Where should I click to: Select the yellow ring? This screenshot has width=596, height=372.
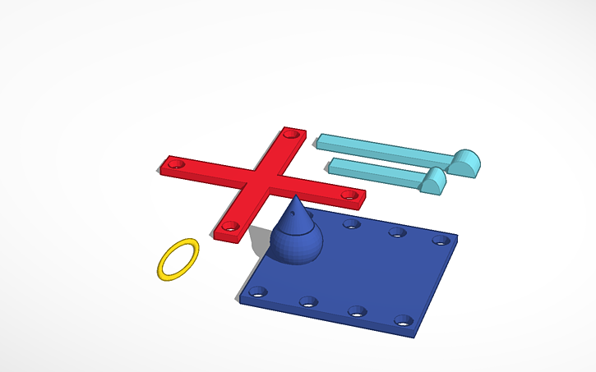click(178, 259)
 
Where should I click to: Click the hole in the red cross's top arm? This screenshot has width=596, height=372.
click(289, 133)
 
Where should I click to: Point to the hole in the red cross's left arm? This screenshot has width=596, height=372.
click(173, 164)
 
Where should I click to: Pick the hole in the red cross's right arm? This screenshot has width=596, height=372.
click(349, 195)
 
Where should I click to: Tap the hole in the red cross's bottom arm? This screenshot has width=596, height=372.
click(230, 226)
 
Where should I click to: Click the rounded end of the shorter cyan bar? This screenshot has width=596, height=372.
click(433, 180)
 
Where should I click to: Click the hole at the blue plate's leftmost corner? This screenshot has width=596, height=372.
click(258, 291)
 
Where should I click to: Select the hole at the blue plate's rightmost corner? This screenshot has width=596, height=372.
click(441, 241)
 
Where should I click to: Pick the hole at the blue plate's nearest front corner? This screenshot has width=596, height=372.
click(403, 320)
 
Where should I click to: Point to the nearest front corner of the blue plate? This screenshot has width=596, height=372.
click(415, 335)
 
